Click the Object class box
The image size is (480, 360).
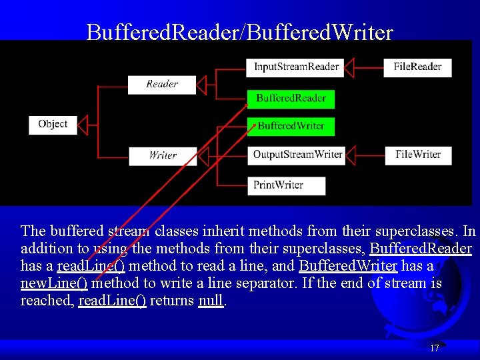(53, 125)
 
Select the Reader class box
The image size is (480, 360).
(162, 84)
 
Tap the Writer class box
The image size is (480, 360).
(163, 155)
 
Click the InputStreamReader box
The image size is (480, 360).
(296, 67)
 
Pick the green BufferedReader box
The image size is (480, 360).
(291, 99)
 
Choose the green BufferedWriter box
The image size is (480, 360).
(291, 126)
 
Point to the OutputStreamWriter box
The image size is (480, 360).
(297, 155)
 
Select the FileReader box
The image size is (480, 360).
(417, 67)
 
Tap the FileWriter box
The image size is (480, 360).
(418, 155)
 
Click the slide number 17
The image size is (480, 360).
(435, 348)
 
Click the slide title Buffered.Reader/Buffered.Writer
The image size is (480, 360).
(240, 32)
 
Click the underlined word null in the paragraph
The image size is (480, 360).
(211, 301)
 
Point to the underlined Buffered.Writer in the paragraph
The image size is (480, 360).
(348, 266)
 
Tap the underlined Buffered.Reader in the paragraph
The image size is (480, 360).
(421, 249)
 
